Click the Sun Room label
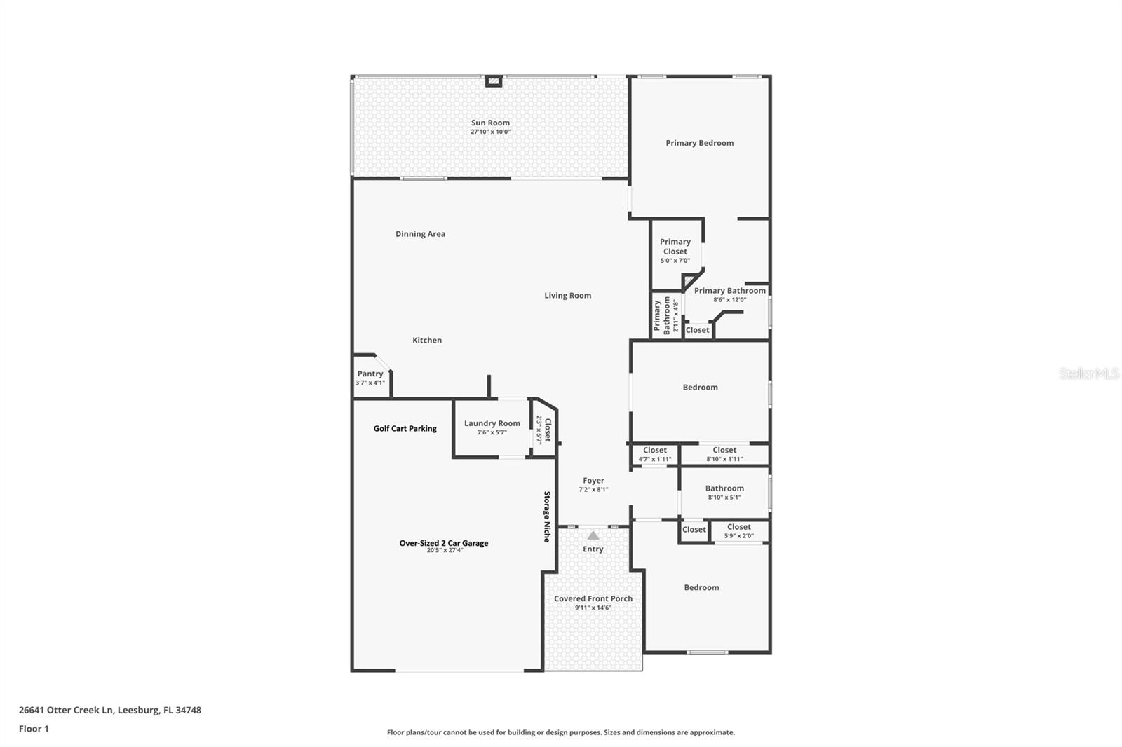[490, 123]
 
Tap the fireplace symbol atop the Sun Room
[494, 81]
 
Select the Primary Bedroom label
[699, 143]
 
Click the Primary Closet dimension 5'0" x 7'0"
[675, 261]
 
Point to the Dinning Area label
[420, 234]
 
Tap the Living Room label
[567, 296]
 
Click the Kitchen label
[426, 341]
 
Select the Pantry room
[370, 378]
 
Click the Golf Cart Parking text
[405, 428]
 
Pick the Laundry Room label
[492, 423]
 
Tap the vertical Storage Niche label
[547, 516]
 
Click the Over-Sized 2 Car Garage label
[443, 543]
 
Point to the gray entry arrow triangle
[593, 535]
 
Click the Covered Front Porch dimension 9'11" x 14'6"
[593, 608]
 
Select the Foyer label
[593, 481]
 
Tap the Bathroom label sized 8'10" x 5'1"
[724, 488]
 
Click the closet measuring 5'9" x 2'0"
[738, 531]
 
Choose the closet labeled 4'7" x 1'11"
[654, 455]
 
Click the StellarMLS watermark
[1088, 373]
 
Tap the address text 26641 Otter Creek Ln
[66, 710]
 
